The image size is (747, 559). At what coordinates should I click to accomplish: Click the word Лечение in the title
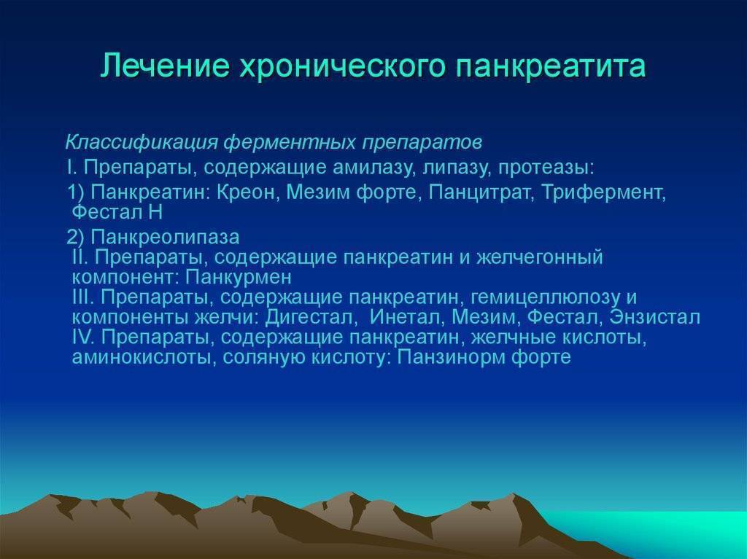click(165, 66)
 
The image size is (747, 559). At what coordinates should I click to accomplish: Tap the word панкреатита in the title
click(551, 66)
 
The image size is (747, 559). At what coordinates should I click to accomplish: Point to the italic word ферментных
click(290, 142)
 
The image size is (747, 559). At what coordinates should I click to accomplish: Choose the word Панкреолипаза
click(166, 237)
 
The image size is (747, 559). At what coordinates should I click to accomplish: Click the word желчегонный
click(540, 257)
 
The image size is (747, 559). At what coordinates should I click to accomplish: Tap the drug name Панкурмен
click(239, 277)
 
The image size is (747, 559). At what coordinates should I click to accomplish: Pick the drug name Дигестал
click(311, 317)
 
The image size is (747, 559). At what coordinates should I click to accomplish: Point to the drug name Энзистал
click(655, 318)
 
